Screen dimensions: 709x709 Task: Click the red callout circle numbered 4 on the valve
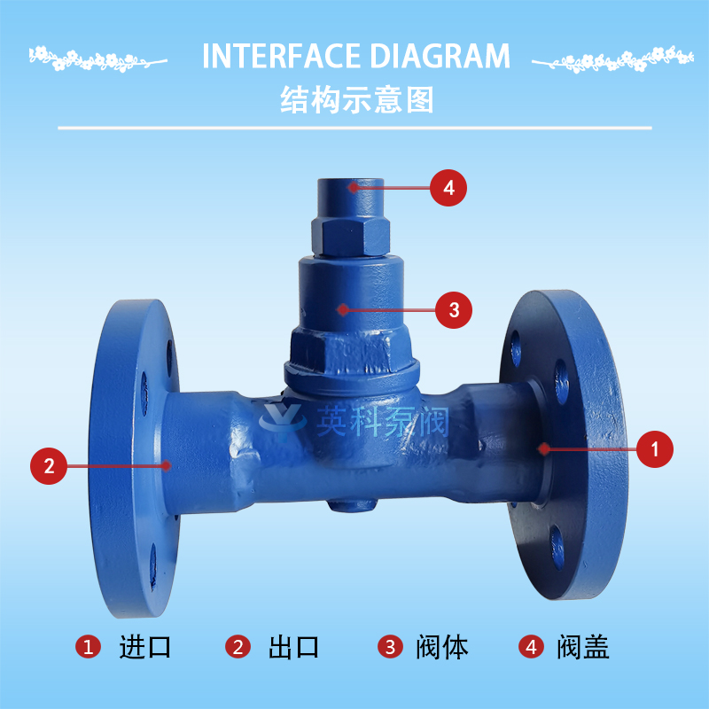[448, 188]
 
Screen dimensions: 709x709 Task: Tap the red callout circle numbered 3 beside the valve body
[454, 310]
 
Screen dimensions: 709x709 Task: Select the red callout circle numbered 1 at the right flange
[654, 449]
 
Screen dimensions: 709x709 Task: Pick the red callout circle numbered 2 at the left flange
[49, 466]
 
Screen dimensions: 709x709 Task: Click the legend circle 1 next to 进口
[88, 646]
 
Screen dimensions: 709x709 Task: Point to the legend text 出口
[293, 647]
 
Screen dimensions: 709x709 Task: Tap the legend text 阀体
[441, 647]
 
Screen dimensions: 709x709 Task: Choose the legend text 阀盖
[582, 647]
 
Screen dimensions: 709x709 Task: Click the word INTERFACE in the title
[281, 56]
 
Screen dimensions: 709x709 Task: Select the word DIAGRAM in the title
[440, 56]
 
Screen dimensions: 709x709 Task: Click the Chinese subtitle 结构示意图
[357, 99]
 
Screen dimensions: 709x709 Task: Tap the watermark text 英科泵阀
[383, 421]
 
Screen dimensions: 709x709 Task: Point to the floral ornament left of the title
[97, 58]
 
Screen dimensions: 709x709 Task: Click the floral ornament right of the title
[612, 59]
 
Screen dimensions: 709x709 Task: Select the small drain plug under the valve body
[352, 504]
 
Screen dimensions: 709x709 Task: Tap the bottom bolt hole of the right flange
[557, 548]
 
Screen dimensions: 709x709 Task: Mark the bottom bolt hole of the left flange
[152, 567]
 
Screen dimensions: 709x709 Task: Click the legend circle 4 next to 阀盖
[531, 646]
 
